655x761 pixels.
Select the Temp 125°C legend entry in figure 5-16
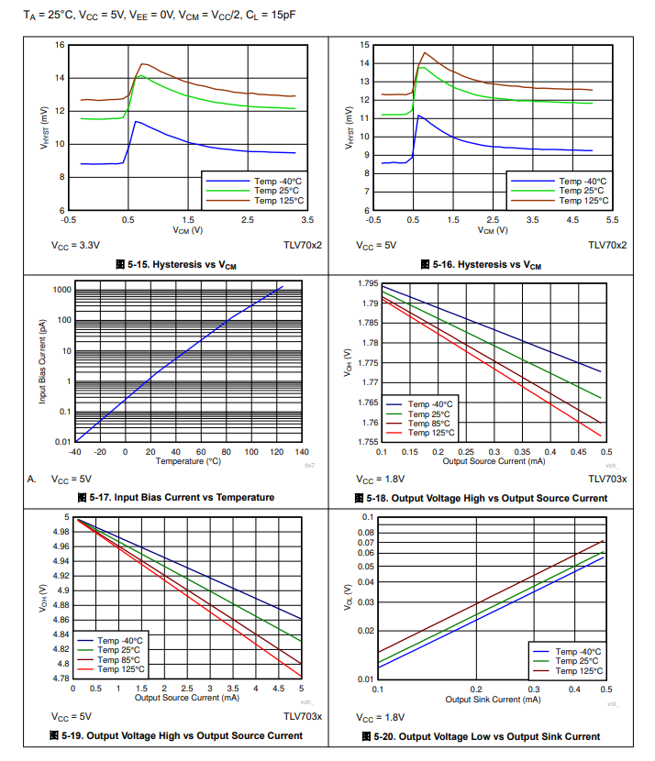[x=583, y=200]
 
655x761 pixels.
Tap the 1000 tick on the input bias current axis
[x=62, y=290]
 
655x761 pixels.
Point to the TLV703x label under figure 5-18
[x=607, y=480]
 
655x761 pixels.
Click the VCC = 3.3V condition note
[x=75, y=246]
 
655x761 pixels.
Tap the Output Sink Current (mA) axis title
[x=493, y=699]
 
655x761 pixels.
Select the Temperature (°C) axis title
[x=188, y=460]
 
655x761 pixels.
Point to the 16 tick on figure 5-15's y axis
[x=59, y=45]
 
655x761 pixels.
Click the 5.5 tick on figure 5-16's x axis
[x=612, y=220]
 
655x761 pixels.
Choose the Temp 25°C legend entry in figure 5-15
[x=278, y=191]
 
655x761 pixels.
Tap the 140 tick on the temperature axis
[x=303, y=451]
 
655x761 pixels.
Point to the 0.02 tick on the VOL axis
[x=365, y=631]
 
